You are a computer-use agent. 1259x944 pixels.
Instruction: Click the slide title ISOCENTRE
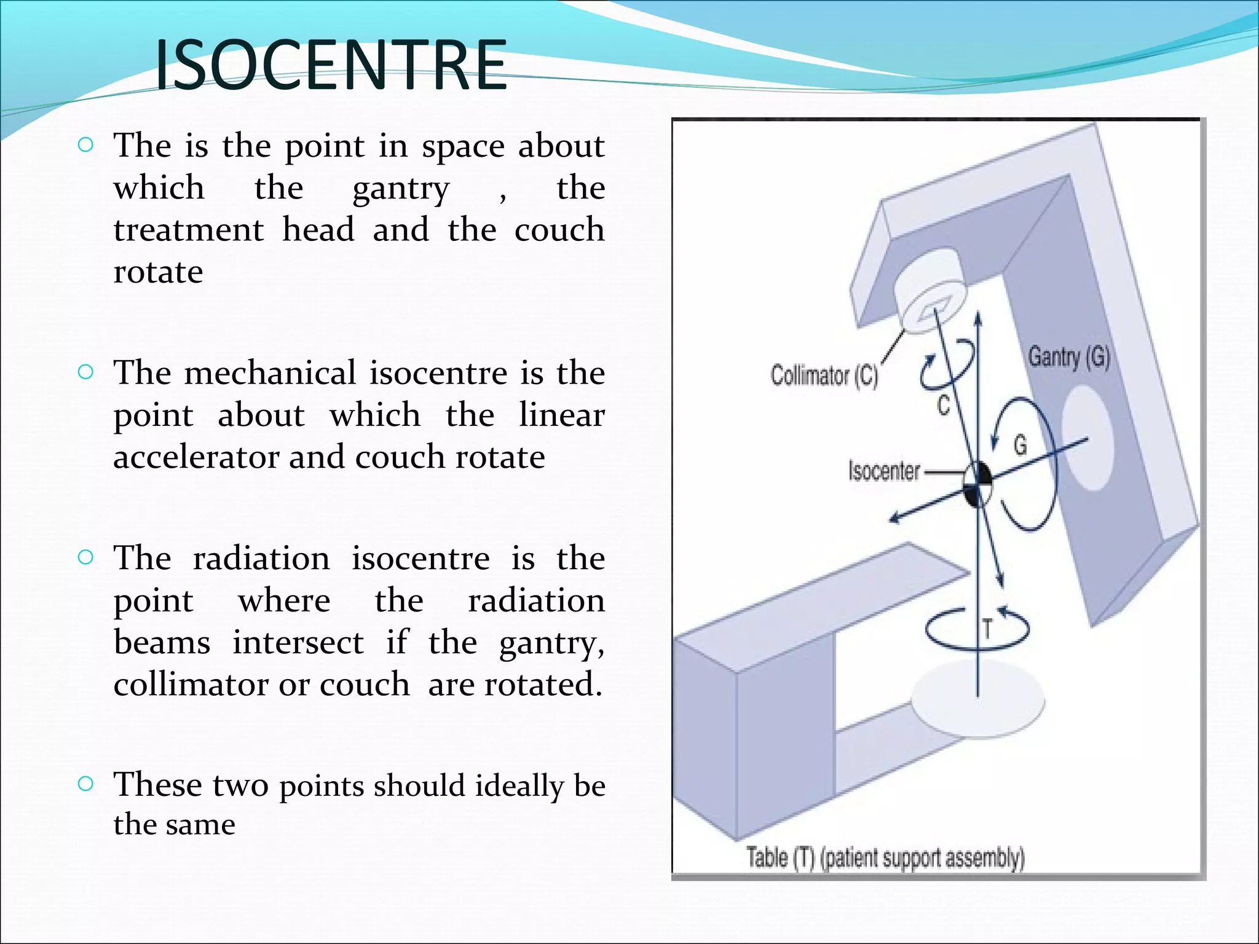click(331, 65)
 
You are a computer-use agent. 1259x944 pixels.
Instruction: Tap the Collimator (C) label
click(824, 375)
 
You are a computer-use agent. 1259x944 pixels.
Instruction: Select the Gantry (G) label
click(1069, 357)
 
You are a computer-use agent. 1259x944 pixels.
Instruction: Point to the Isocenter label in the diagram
click(883, 471)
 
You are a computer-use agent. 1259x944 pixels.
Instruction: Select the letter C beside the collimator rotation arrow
click(944, 404)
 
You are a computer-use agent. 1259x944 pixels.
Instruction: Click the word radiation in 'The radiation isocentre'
click(261, 559)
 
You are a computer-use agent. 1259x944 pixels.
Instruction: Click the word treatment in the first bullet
click(188, 230)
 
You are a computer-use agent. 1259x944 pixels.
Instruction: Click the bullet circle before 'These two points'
click(86, 784)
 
